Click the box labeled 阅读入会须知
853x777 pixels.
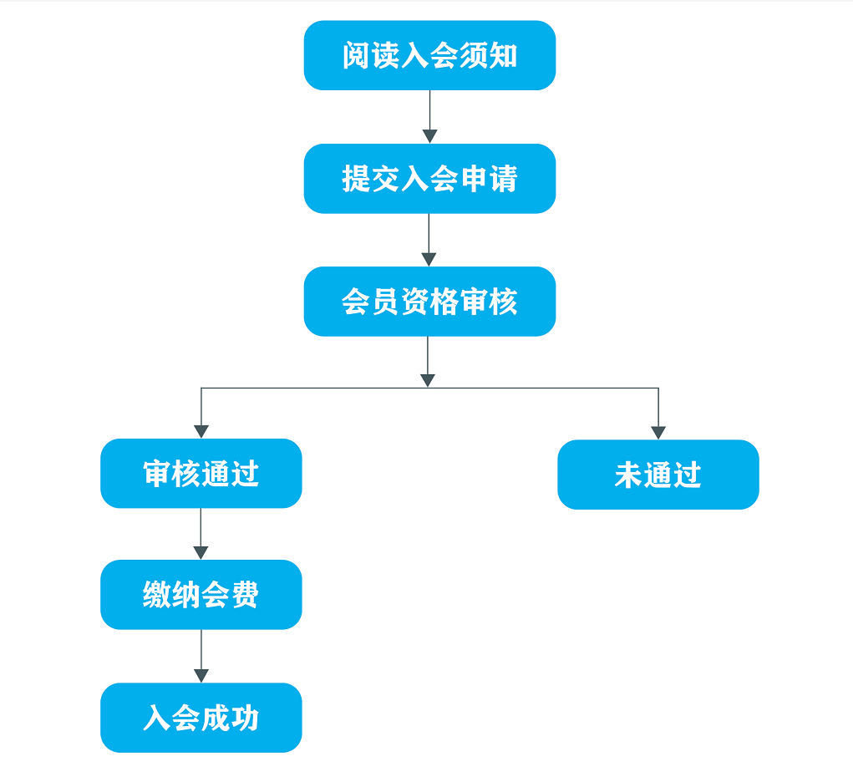pyautogui.click(x=429, y=55)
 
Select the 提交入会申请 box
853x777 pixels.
pyautogui.click(x=429, y=179)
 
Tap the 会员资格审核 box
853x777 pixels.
pyautogui.click(x=429, y=302)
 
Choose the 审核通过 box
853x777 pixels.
pyautogui.click(x=201, y=474)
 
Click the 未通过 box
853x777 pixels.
pyautogui.click(x=658, y=475)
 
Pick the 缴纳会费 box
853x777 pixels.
pyautogui.click(x=201, y=595)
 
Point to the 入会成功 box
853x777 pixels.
pyautogui.click(x=201, y=718)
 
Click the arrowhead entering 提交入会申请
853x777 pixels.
pyautogui.click(x=429, y=136)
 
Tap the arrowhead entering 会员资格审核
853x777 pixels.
pyautogui.click(x=429, y=260)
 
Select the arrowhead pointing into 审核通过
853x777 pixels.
pyautogui.click(x=201, y=431)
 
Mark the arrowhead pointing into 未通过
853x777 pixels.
pyautogui.click(x=658, y=433)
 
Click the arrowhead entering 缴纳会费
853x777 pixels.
pyautogui.click(x=201, y=553)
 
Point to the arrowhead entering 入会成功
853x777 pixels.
pyautogui.click(x=201, y=676)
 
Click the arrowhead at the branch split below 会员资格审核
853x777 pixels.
pyautogui.click(x=428, y=380)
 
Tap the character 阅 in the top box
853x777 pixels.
pyautogui.click(x=357, y=55)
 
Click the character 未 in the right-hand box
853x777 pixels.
pyautogui.click(x=629, y=475)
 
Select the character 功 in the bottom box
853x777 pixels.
pyautogui.click(x=246, y=718)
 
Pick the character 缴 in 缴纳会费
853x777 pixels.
pyautogui.click(x=157, y=595)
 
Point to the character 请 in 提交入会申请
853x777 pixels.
pyautogui.click(x=503, y=179)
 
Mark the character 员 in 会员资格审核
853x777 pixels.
pyautogui.click(x=386, y=302)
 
